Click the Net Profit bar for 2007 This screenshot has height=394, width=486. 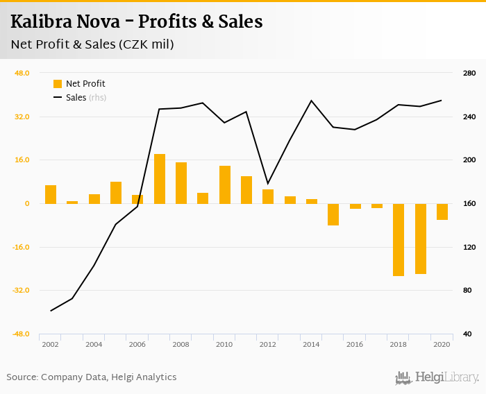tap(159, 179)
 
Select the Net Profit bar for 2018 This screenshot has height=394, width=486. tap(398, 240)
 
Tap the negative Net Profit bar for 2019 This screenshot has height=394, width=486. tap(420, 239)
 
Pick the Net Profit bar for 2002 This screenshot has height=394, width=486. tap(51, 195)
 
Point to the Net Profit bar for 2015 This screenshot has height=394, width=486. tap(333, 214)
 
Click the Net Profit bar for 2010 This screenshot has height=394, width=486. tap(224, 185)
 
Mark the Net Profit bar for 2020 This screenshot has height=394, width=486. tap(442, 212)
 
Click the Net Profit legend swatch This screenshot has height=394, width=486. tap(58, 84)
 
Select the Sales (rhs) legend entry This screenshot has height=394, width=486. tap(85, 98)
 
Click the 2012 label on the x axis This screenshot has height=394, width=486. tap(267, 344)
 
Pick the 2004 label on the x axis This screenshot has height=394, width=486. tap(94, 344)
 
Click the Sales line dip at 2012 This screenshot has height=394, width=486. tap(267, 184)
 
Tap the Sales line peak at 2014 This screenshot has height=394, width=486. tap(311, 101)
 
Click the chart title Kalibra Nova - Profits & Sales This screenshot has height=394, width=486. tap(137, 22)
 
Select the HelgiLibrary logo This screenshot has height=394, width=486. tap(437, 377)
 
